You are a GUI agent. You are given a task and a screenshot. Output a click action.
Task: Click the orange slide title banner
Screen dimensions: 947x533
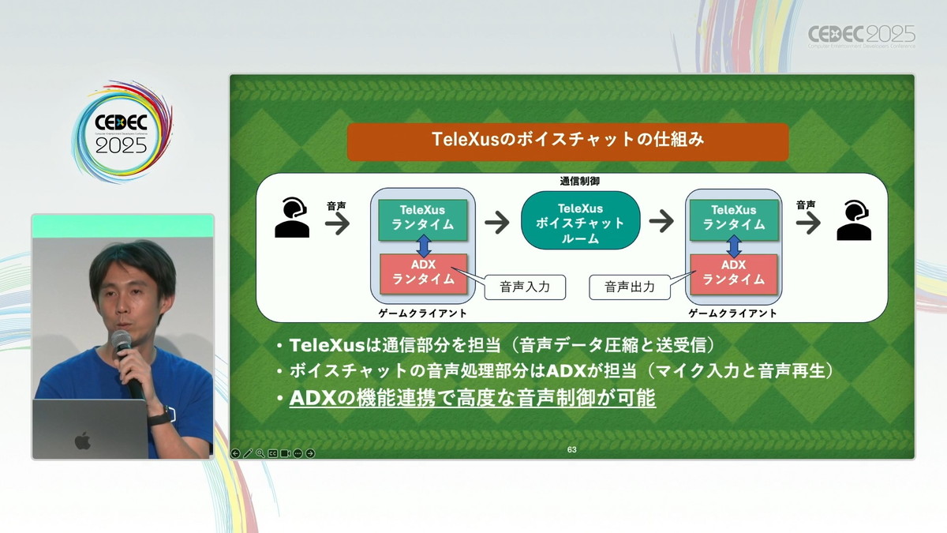[567, 142]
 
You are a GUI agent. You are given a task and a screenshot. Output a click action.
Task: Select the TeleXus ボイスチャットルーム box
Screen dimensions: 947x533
[581, 220]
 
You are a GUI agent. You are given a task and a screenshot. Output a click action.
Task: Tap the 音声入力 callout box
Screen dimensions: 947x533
[525, 287]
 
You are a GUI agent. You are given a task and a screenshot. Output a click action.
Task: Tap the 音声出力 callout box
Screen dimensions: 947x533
[630, 287]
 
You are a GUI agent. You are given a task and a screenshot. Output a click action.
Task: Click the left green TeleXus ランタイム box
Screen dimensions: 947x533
[423, 220]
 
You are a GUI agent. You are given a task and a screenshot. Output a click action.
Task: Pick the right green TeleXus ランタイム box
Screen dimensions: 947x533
[734, 220]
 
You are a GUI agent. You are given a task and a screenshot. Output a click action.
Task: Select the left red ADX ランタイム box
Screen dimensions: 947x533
[423, 274]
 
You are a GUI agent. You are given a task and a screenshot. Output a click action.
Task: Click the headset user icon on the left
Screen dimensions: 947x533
[292, 217]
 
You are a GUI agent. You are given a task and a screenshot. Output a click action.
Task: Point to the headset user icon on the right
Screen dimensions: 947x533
[854, 220]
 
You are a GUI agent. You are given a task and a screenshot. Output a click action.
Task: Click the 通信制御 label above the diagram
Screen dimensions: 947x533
[579, 182]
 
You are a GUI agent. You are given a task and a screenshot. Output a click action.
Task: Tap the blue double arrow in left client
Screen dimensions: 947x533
[424, 246]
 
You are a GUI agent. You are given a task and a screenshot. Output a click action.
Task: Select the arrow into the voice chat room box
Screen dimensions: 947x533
[497, 222]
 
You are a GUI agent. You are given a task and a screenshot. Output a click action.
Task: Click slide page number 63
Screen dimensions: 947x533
[571, 449]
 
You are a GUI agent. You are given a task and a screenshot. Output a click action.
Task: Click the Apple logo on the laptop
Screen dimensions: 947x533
[83, 441]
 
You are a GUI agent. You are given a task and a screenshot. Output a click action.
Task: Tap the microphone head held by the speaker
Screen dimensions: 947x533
[121, 340]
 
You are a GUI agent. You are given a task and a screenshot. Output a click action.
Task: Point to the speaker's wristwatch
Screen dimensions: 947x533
[159, 417]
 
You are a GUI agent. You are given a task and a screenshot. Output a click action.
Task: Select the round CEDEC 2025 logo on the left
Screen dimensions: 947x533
[122, 132]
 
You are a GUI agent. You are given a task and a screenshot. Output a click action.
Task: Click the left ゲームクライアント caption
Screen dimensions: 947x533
[422, 313]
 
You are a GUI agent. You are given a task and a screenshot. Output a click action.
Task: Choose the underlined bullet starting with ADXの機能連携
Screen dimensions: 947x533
[472, 398]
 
